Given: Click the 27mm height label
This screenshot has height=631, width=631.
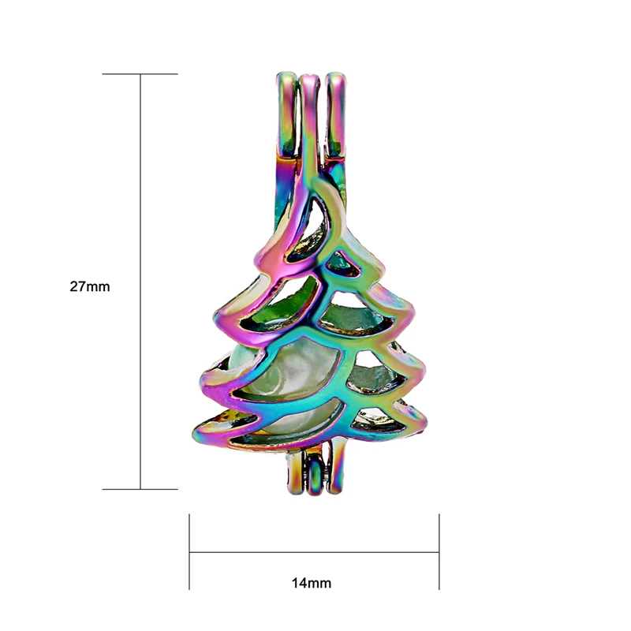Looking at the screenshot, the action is click(90, 286).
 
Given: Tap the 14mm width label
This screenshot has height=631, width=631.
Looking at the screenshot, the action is click(312, 583).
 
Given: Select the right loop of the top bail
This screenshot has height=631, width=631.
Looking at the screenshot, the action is click(337, 117).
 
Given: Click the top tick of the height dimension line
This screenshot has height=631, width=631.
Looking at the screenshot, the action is click(140, 74).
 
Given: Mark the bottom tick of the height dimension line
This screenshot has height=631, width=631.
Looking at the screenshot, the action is click(140, 489).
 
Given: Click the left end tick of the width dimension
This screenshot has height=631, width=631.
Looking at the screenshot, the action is click(189, 551).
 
